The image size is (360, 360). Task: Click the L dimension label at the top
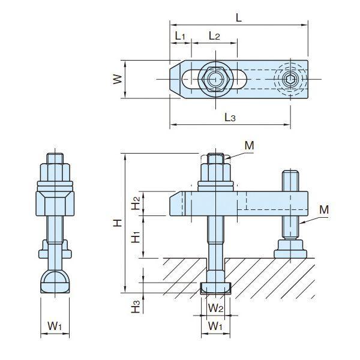click(239, 17)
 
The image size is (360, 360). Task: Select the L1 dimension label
click(180, 36)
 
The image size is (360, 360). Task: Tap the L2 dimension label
click(214, 36)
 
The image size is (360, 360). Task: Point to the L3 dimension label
click(230, 118)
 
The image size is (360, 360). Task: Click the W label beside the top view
click(118, 79)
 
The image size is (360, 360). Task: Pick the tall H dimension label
click(118, 223)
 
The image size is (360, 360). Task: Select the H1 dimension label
click(136, 237)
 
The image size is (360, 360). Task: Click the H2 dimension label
click(136, 203)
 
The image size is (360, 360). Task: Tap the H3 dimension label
click(136, 307)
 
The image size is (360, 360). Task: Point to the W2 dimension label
click(215, 308)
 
